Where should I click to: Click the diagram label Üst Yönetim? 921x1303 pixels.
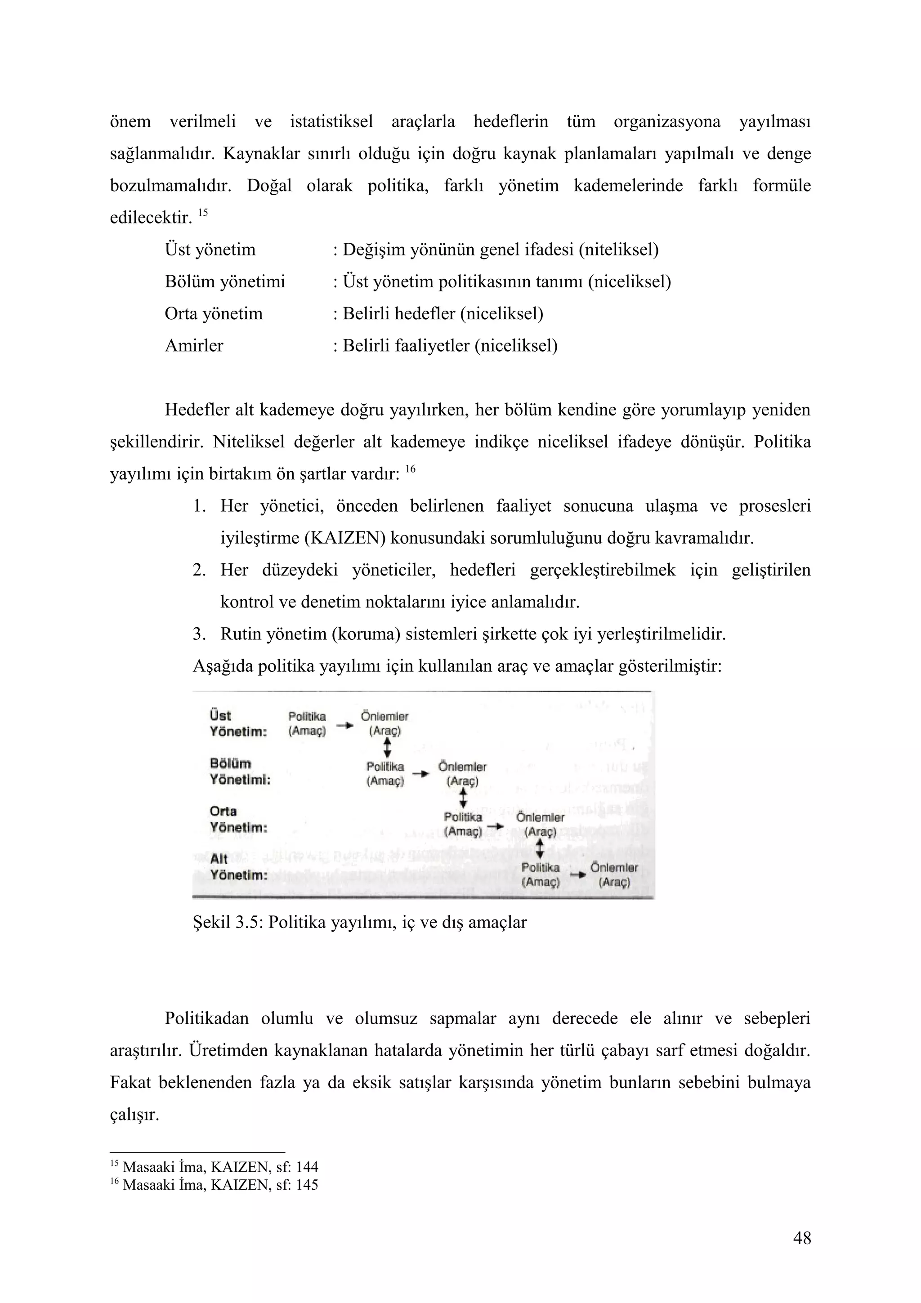pyautogui.click(x=238, y=723)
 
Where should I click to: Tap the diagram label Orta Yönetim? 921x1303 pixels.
pyautogui.click(x=238, y=820)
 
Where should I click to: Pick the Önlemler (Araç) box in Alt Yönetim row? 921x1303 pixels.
pyautogui.click(x=614, y=875)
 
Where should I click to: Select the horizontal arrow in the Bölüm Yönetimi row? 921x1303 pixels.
pyautogui.click(x=420, y=773)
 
